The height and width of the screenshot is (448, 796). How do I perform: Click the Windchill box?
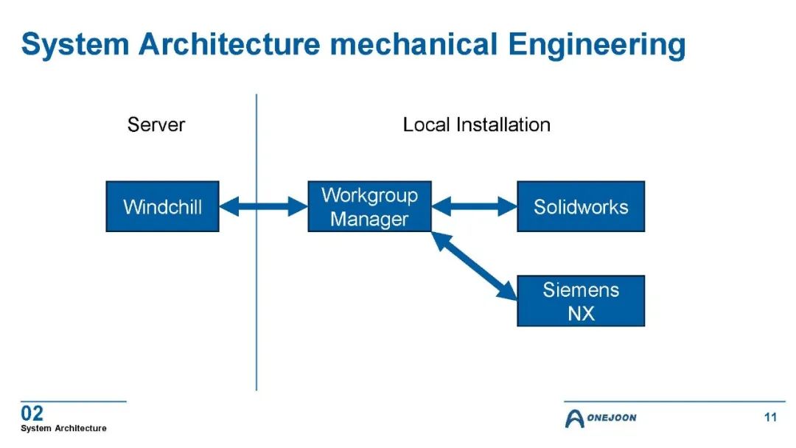(x=162, y=206)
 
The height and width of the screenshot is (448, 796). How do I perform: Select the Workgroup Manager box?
(x=369, y=206)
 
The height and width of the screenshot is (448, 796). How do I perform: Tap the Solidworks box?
(x=581, y=206)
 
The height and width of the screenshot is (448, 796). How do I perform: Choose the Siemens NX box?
(x=581, y=301)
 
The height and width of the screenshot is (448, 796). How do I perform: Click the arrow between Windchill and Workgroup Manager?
(x=263, y=206)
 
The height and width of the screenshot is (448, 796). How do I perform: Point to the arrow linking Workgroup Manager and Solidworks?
(x=474, y=206)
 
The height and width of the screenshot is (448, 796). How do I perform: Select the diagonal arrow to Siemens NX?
(x=474, y=266)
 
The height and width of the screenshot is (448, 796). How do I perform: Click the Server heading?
(x=156, y=125)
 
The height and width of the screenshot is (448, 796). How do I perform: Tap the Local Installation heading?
(x=476, y=125)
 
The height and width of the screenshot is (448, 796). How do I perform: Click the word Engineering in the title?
(x=596, y=45)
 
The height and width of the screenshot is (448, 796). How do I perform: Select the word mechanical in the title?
(x=413, y=43)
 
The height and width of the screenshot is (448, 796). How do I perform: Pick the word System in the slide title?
(x=75, y=45)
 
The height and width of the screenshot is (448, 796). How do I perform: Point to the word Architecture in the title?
(x=229, y=43)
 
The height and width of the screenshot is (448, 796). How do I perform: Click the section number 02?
(x=32, y=413)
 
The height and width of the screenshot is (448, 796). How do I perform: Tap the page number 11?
(x=771, y=417)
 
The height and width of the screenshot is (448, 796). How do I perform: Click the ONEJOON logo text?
(x=611, y=418)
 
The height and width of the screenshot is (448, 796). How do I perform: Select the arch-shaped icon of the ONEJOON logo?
(x=574, y=419)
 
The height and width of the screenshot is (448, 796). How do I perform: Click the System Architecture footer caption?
(x=63, y=428)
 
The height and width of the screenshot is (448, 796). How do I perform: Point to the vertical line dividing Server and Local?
(x=256, y=242)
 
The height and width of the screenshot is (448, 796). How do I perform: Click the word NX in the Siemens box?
(x=581, y=314)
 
